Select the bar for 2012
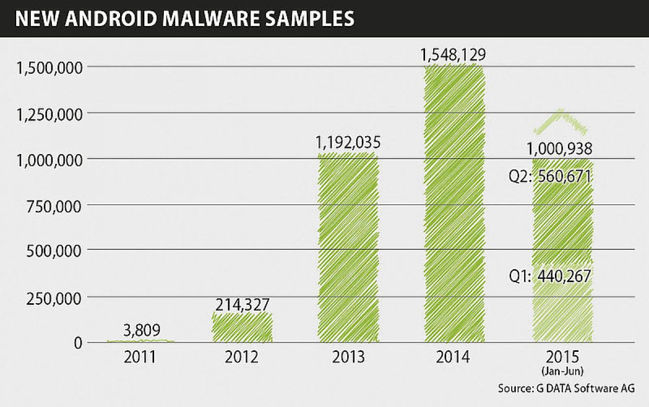[x=242, y=327]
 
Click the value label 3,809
[x=142, y=330]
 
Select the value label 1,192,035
[x=348, y=143]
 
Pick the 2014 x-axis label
[x=453, y=358]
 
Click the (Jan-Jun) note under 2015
[x=563, y=371]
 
